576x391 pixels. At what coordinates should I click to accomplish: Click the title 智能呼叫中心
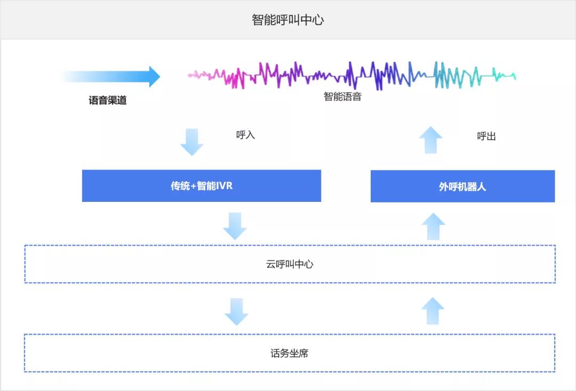(x=288, y=20)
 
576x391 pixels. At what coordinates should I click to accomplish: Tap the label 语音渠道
(x=108, y=100)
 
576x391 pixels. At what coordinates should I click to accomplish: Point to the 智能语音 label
(x=342, y=97)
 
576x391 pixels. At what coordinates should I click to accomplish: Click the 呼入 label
(x=246, y=135)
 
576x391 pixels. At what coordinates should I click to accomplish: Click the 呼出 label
(x=486, y=136)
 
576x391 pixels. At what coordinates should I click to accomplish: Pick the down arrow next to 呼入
(x=191, y=142)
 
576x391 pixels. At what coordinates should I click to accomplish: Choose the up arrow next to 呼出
(x=430, y=140)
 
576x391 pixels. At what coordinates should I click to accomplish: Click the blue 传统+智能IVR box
(x=202, y=186)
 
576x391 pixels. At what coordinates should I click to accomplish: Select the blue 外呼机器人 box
(x=462, y=186)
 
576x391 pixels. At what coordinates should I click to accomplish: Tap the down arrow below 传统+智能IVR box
(x=235, y=226)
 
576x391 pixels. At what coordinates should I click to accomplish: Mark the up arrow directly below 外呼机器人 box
(x=433, y=226)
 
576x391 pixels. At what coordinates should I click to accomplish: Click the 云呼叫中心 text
(x=290, y=264)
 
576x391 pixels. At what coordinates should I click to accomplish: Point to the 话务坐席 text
(x=290, y=353)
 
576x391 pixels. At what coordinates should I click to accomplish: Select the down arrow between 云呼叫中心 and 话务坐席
(x=236, y=312)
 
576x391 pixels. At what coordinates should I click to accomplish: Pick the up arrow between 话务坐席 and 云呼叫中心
(x=433, y=311)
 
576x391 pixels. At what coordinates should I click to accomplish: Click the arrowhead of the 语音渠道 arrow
(x=154, y=77)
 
